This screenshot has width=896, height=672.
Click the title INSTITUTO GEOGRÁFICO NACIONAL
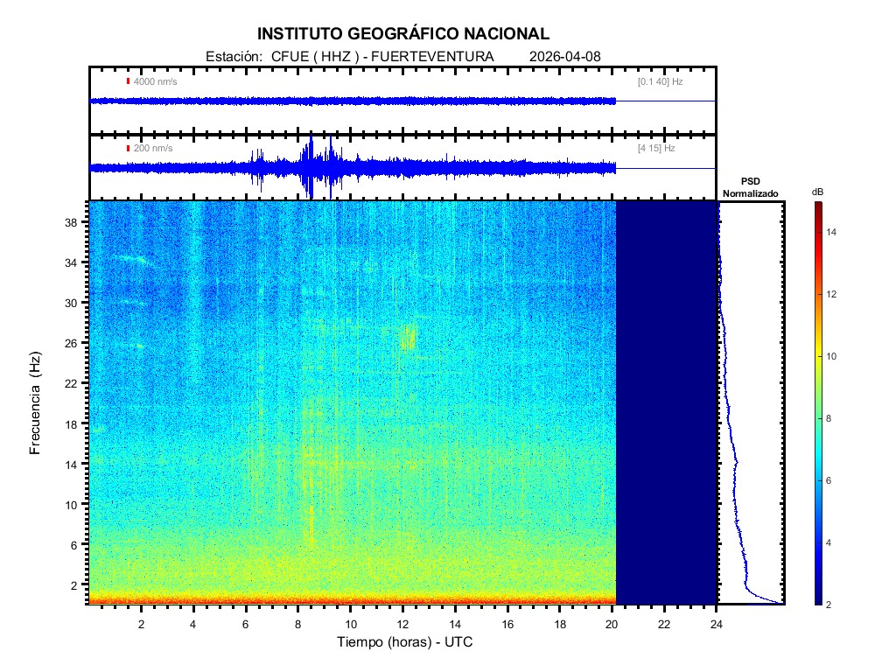(x=403, y=34)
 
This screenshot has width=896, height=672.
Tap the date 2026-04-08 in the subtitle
(x=565, y=57)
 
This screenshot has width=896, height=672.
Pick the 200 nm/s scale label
(x=153, y=148)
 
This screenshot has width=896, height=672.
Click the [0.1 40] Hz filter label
(x=660, y=81)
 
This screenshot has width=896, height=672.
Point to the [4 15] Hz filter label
(x=656, y=148)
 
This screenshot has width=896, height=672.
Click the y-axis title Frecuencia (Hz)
(x=36, y=403)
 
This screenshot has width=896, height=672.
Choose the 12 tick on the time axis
(x=402, y=623)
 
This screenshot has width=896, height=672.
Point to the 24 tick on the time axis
(x=717, y=623)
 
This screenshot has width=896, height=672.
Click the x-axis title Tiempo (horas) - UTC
(x=406, y=642)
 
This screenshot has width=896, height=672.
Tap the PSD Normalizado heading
(x=750, y=186)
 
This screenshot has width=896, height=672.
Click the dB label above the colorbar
(x=817, y=192)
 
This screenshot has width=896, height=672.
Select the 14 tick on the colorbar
(x=834, y=232)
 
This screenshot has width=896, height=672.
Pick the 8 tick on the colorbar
(x=831, y=419)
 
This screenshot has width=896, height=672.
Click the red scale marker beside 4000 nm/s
(x=128, y=81)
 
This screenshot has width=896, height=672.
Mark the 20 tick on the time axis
(x=612, y=623)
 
